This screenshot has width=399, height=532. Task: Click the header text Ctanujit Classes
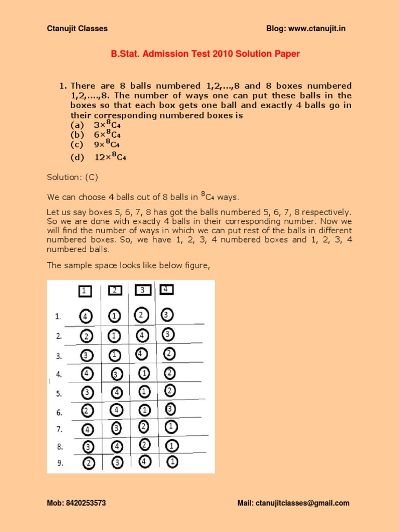77,29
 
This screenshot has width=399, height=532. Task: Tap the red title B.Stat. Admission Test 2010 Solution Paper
205,54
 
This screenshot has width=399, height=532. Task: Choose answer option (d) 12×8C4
98,157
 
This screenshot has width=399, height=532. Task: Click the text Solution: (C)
72,178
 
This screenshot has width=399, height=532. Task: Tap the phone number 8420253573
87,503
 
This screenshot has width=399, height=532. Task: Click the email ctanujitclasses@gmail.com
301,503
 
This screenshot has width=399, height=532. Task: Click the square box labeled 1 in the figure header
85,291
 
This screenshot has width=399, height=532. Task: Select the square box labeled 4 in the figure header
166,289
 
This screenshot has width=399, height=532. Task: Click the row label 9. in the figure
59,462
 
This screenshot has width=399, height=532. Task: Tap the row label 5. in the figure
59,394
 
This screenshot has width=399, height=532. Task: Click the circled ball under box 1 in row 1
86,316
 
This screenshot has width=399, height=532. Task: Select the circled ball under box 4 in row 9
172,461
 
